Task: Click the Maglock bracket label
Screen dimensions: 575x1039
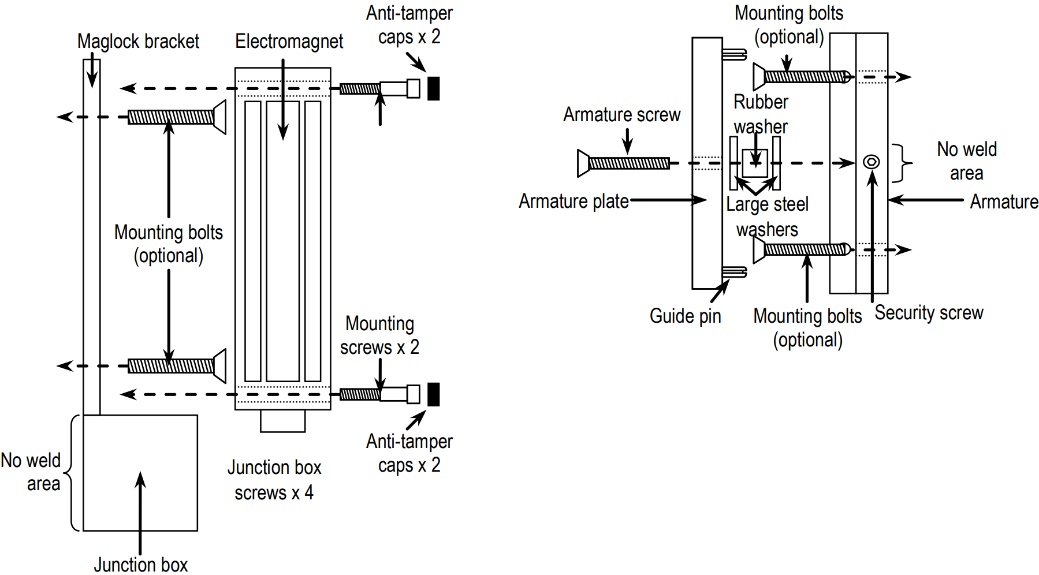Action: (138, 42)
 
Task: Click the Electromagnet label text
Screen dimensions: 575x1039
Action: (289, 42)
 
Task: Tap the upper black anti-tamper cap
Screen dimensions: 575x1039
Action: (434, 88)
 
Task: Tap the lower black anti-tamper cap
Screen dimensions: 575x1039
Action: (434, 394)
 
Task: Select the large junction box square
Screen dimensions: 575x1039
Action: (140, 472)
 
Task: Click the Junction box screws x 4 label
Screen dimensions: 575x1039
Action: (274, 480)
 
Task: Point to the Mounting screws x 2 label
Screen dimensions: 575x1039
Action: (379, 335)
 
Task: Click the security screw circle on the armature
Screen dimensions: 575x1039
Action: (871, 162)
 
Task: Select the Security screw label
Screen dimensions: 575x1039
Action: (929, 313)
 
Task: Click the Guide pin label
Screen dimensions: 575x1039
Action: (685, 316)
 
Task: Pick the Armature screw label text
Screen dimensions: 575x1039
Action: (621, 115)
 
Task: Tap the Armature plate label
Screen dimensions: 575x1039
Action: (574, 201)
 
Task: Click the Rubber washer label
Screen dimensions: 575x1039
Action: (761, 114)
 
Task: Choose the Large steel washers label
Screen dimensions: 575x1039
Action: (767, 216)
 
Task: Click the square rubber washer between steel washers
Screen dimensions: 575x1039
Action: (755, 163)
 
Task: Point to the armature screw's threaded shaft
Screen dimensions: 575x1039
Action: (628, 163)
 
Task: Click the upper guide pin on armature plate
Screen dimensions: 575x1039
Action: (734, 55)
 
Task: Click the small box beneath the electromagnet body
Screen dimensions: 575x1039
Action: (282, 421)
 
